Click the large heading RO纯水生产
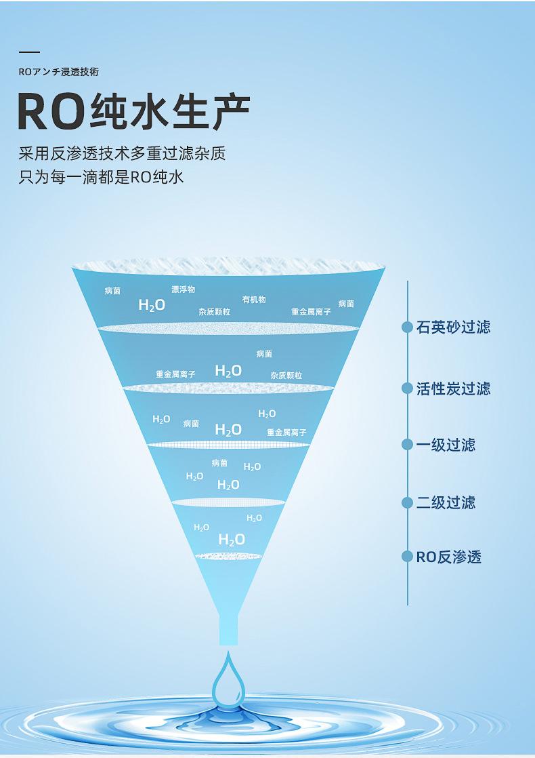click(133, 110)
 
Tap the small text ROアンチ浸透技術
click(59, 72)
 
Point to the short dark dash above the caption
click(29, 52)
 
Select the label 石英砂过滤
click(453, 327)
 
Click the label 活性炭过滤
click(453, 388)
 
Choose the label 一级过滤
click(446, 445)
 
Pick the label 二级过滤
click(446, 502)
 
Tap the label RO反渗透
click(448, 557)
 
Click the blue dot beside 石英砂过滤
click(407, 327)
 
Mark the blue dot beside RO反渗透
click(407, 557)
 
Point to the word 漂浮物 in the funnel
click(183, 290)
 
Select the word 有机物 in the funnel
click(254, 299)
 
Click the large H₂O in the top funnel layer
click(152, 305)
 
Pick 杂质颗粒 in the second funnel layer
click(286, 376)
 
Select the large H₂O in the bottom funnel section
click(232, 540)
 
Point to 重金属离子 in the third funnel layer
click(286, 432)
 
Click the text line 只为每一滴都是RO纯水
click(102, 178)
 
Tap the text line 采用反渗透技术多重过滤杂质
click(122, 153)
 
